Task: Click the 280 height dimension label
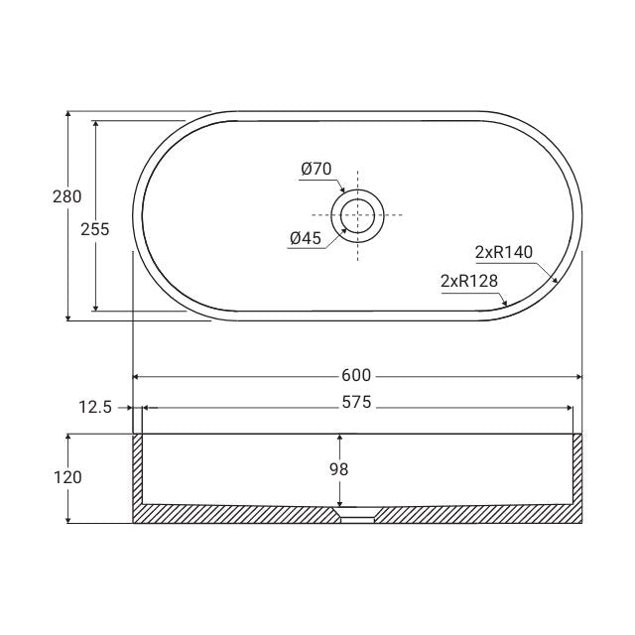66,196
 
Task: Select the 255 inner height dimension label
94,228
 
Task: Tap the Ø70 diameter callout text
316,169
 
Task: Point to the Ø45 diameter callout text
305,238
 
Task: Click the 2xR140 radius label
504,252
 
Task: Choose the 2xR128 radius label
468,281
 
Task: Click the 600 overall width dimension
356,375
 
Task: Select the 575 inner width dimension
356,403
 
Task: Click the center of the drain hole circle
357,214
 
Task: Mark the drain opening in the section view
357,516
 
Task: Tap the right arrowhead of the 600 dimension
577,376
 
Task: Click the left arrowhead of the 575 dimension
148,407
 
